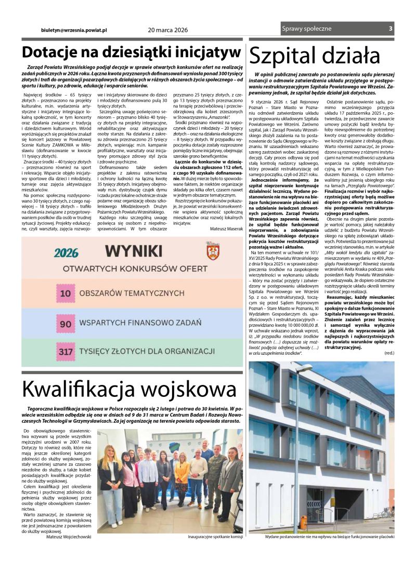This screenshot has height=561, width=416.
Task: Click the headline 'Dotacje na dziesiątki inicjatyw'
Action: point(131,53)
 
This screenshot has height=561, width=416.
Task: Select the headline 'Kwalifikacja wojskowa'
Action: point(129,389)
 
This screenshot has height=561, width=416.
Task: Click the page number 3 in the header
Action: point(391,29)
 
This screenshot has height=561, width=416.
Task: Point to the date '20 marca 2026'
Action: point(168,30)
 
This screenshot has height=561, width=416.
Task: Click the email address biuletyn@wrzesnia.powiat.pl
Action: point(73,30)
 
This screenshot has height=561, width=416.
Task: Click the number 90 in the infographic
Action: point(65,323)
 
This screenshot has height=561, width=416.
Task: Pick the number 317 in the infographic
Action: point(66,352)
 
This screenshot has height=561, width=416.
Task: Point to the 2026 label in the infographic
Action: point(66,253)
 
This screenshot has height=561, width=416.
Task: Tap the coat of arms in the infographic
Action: point(212,251)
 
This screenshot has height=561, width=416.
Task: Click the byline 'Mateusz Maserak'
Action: point(226,228)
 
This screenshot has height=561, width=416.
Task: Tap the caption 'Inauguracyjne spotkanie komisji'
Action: point(215,536)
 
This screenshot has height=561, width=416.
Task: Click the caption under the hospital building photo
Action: point(329,536)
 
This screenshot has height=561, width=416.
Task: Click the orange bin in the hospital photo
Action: point(303,522)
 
